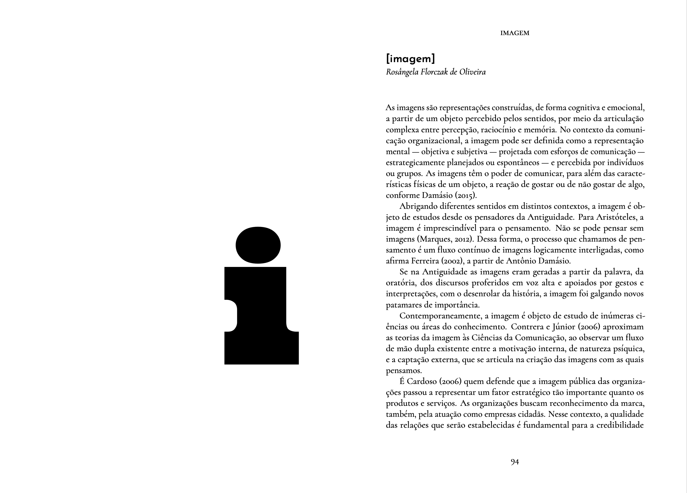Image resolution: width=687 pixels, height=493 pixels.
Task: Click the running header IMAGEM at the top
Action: point(515,33)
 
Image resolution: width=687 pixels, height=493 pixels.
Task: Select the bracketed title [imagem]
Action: point(411,58)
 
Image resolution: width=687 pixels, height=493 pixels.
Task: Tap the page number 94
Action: point(515,462)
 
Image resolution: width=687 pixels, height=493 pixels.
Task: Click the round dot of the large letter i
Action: point(258,245)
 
